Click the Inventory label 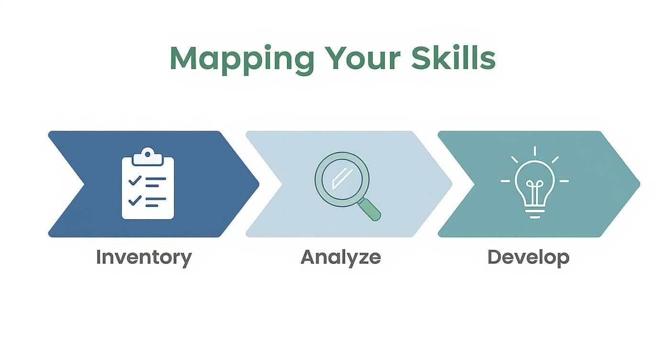tap(144, 258)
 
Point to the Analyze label tap(341, 258)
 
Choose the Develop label tap(528, 258)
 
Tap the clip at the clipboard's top tap(148, 154)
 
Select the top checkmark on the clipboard tap(135, 180)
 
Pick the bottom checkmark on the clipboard tap(135, 200)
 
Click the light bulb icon tap(534, 184)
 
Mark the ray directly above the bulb tap(534, 151)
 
